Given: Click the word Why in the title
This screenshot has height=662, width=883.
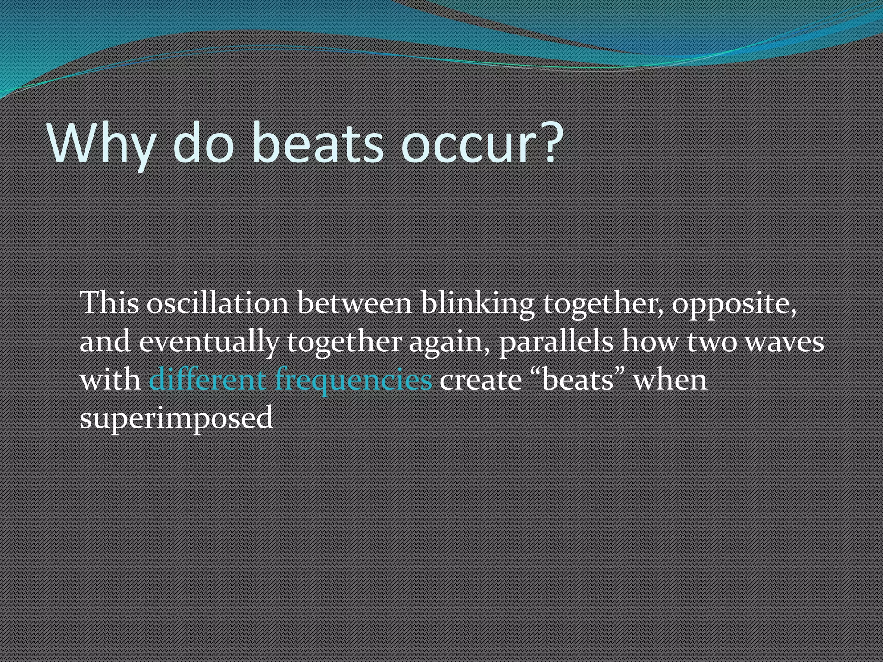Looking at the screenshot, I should tap(102, 143).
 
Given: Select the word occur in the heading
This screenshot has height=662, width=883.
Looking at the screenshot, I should tap(470, 143).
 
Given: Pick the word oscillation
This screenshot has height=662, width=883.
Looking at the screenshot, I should tap(217, 303).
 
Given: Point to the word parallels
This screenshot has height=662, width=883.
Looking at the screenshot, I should tap(556, 342).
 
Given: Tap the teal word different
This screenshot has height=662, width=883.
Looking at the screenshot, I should tap(207, 380).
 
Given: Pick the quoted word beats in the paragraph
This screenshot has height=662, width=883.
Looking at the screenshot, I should tap(578, 380).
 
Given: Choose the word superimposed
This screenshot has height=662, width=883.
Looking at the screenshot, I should tap(176, 418).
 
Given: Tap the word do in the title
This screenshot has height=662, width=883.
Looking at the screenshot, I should tap(203, 143).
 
